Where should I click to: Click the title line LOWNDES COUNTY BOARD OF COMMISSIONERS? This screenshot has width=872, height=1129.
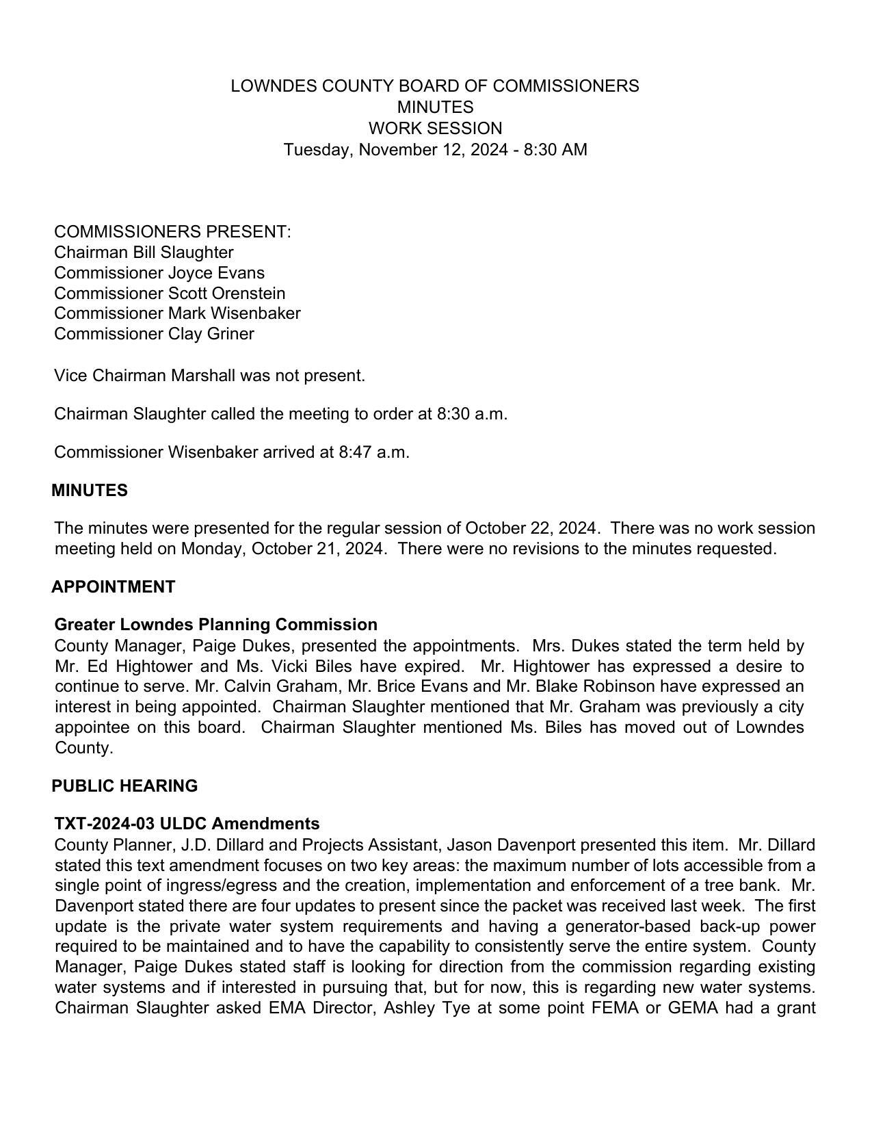[x=435, y=86]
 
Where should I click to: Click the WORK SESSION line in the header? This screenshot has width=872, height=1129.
[x=435, y=129]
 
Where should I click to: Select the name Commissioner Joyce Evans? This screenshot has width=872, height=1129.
[x=159, y=273]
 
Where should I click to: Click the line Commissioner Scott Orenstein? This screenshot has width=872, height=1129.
[x=170, y=294]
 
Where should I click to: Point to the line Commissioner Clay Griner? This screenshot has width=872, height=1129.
[x=154, y=334]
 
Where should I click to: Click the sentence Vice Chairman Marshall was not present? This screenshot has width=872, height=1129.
[x=209, y=376]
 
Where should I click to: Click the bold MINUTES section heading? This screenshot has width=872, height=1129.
[x=90, y=491]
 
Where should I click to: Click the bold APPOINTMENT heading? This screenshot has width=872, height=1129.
[x=114, y=587]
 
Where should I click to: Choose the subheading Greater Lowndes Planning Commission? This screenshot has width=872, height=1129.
[x=215, y=625]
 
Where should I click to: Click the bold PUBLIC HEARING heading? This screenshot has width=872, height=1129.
[x=124, y=786]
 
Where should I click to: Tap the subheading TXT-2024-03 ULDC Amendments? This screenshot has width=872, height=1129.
[x=187, y=824]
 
